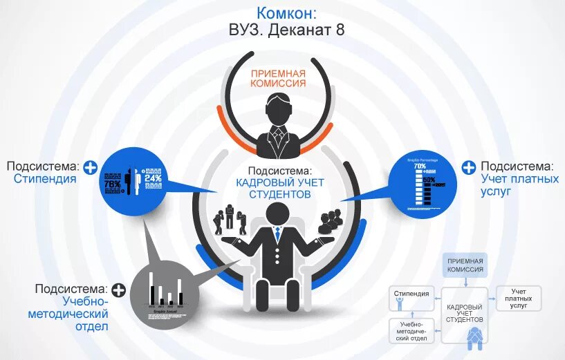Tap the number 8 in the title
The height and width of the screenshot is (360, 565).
coord(340,30)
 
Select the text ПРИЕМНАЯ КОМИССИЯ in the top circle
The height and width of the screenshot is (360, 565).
coord(279,77)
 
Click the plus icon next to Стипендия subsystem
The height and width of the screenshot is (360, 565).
coord(90,167)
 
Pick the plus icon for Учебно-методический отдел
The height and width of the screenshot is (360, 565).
coord(118,290)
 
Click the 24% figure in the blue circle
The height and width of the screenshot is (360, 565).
coord(153,178)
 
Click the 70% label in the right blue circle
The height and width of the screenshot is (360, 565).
coord(420,167)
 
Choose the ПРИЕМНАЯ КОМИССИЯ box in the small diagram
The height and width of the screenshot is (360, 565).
coord(465,265)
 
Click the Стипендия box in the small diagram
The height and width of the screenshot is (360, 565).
coord(411,295)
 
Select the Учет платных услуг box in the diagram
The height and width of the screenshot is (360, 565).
coord(519,298)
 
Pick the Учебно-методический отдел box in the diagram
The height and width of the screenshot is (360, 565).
coord(411,330)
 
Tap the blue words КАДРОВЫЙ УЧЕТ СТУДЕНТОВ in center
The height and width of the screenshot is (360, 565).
coord(278,188)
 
